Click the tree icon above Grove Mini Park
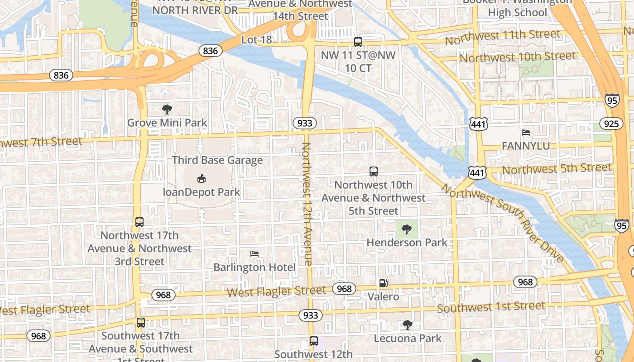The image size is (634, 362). (x=167, y=109)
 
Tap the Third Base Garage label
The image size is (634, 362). (x=217, y=160)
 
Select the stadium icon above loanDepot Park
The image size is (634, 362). (x=202, y=179)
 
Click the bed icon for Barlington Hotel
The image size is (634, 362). (x=255, y=254)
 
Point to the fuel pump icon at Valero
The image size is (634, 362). (x=383, y=283)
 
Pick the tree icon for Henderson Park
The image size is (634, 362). (x=407, y=229)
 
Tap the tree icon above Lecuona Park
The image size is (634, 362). (x=408, y=324)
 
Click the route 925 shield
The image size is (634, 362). (x=611, y=123)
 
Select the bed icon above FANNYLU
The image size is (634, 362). (x=526, y=133)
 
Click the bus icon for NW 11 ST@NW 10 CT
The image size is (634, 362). (x=358, y=42)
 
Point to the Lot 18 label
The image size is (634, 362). (x=257, y=40)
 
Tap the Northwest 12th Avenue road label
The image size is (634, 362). (x=307, y=204)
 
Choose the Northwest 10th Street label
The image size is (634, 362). (x=518, y=57)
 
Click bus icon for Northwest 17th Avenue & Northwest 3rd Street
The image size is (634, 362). (x=139, y=222)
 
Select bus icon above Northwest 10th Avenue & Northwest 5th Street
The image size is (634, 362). (x=374, y=171)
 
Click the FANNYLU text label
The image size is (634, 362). (x=526, y=146)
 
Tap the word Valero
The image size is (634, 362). (x=383, y=297)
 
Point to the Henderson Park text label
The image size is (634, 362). (x=407, y=243)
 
